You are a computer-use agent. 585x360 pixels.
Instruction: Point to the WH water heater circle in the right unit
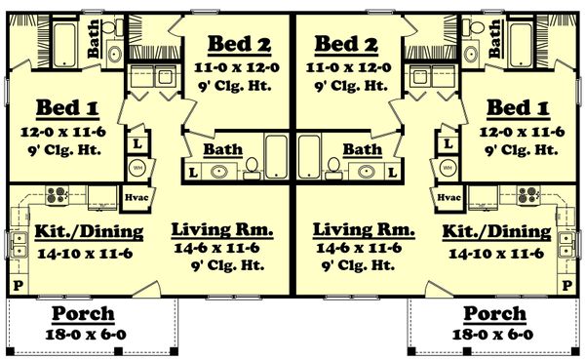449,166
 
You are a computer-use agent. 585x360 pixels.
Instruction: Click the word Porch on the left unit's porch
83,314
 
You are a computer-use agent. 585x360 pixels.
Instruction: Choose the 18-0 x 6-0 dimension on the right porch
493,335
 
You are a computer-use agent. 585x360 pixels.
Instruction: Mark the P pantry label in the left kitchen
16,285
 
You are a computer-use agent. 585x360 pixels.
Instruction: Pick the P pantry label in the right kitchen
570,285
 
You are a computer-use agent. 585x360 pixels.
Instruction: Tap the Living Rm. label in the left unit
221,229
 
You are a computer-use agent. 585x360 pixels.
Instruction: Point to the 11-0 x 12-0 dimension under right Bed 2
349,67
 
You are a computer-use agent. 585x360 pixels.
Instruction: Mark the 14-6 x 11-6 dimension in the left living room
222,250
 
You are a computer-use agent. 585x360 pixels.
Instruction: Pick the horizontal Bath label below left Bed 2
223,150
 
